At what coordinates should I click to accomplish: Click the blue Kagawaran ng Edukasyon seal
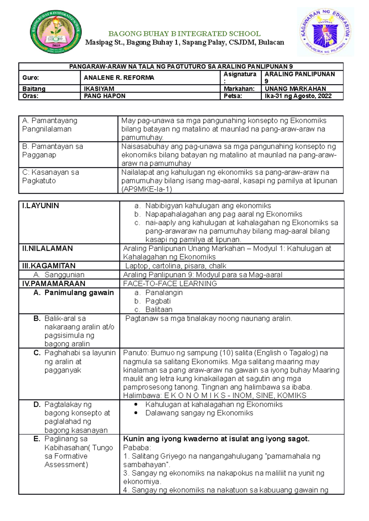coord(325,32)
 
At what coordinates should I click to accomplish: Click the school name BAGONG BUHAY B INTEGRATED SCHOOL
coord(184,34)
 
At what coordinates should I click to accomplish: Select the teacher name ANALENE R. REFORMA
coord(119,78)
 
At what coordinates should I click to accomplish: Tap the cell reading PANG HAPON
coord(105,96)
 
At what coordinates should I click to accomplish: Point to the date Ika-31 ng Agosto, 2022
coord(298,96)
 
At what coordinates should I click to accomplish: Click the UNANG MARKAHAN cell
coord(296,89)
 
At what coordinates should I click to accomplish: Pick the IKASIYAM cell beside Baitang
coord(99,89)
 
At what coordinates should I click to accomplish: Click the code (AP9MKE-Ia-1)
coord(147,189)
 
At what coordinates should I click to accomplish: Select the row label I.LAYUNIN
coord(41,206)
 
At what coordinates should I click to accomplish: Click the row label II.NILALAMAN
coord(47,248)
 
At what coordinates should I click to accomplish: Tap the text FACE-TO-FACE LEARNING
coord(170,284)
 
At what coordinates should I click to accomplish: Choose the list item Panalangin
coord(164,292)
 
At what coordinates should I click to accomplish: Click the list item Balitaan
coord(159,309)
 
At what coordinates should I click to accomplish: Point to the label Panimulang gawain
coord(79,292)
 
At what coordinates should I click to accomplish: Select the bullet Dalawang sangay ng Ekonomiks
coord(199,413)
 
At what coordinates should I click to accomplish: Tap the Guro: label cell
coord(31,78)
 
